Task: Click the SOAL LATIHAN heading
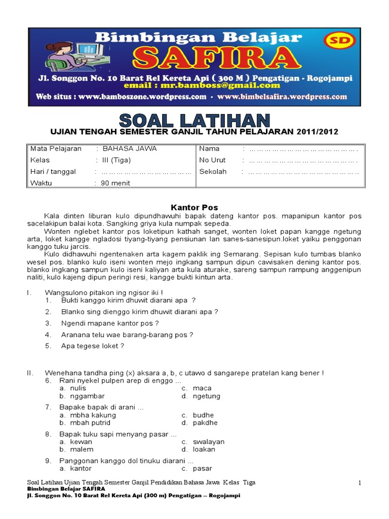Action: click(x=194, y=121)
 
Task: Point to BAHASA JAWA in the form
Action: click(x=130, y=149)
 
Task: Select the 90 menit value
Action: click(x=116, y=183)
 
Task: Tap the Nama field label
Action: click(x=209, y=149)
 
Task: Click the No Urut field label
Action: click(x=212, y=160)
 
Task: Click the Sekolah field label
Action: click(x=213, y=172)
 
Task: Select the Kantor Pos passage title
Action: click(x=194, y=208)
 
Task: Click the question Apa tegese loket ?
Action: click(x=93, y=346)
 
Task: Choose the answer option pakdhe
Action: click(x=205, y=423)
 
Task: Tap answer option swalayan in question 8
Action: click(x=208, y=441)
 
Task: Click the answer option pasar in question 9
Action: click(x=202, y=468)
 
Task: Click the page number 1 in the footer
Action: click(x=360, y=484)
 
